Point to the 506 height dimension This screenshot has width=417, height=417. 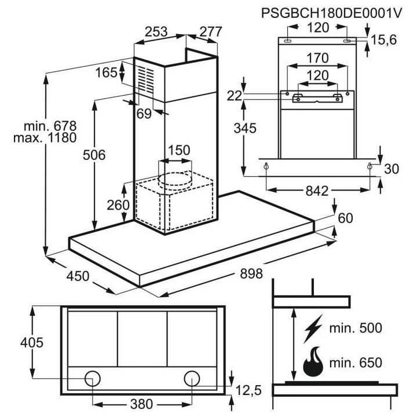pyautogui.click(x=93, y=155)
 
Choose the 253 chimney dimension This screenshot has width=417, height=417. pyautogui.click(x=156, y=32)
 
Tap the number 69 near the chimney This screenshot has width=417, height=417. pyautogui.click(x=144, y=114)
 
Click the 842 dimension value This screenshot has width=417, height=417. pyautogui.click(x=318, y=191)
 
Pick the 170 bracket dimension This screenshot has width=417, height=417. pyautogui.click(x=317, y=58)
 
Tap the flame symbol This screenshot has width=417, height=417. pyautogui.click(x=314, y=361)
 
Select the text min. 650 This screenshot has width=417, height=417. pyautogui.click(x=355, y=363)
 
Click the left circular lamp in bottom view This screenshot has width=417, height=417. pyautogui.click(x=92, y=379)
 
